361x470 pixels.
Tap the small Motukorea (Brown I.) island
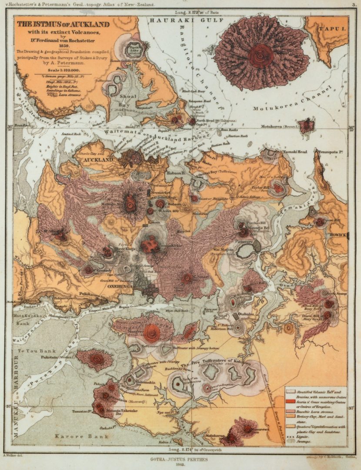coord(307,126)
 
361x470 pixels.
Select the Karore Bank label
coord(70,435)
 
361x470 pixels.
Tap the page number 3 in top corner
coord(354,5)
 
